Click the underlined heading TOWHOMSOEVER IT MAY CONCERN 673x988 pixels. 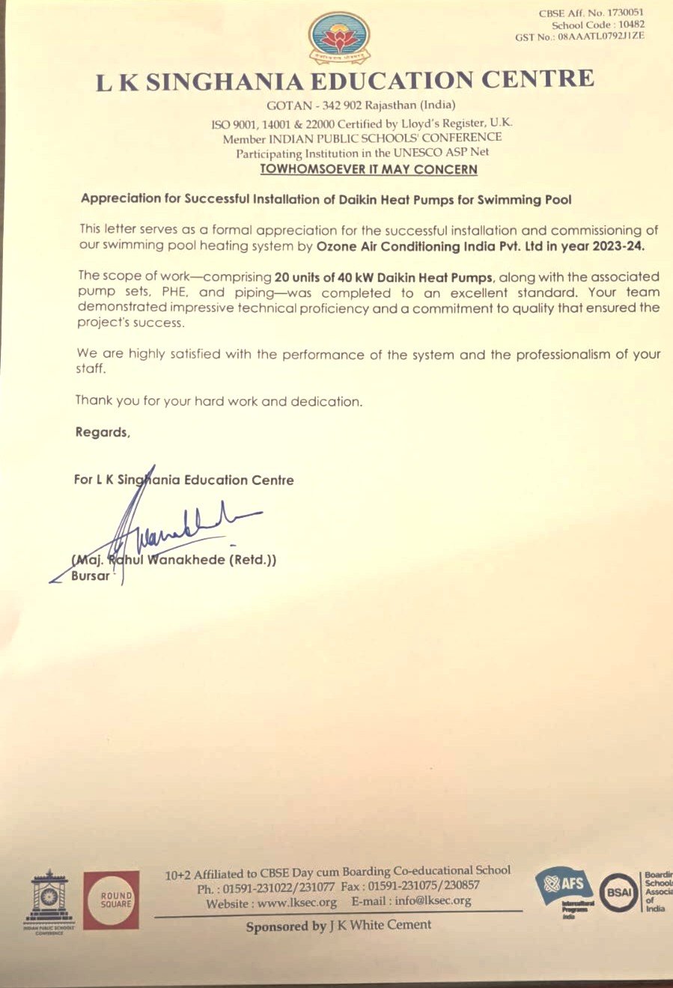pyautogui.click(x=368, y=169)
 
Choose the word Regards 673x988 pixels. pyautogui.click(x=102, y=432)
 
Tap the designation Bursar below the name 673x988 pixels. pyautogui.click(x=90, y=576)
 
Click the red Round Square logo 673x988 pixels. pyautogui.click(x=111, y=900)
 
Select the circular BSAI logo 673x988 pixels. pyautogui.click(x=619, y=892)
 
